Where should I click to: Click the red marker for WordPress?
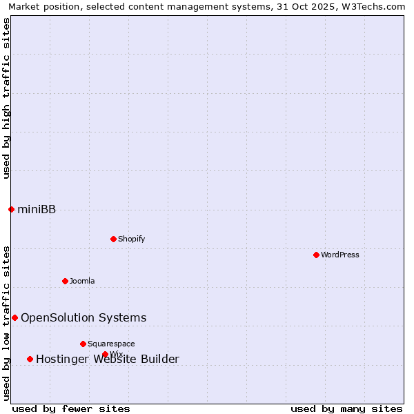[316, 255]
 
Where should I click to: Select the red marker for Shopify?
[113, 239]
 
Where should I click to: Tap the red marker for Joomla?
[65, 281]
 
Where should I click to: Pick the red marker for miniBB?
[11, 209]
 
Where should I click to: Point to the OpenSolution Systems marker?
[14, 317]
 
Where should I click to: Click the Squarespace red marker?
[83, 344]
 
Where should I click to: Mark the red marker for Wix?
[105, 354]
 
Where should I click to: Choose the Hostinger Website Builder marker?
[30, 359]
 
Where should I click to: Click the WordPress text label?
[340, 255]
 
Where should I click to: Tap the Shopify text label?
[131, 239]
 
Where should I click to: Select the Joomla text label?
[82, 281]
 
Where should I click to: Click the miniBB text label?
[37, 210]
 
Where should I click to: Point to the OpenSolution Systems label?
[83, 317]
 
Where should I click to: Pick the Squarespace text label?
[111, 344]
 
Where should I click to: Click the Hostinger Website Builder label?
[108, 359]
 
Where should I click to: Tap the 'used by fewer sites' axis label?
[71, 408]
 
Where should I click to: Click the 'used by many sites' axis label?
[346, 408]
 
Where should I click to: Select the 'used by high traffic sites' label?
[7, 98]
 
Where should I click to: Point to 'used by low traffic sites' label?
[7, 323]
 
